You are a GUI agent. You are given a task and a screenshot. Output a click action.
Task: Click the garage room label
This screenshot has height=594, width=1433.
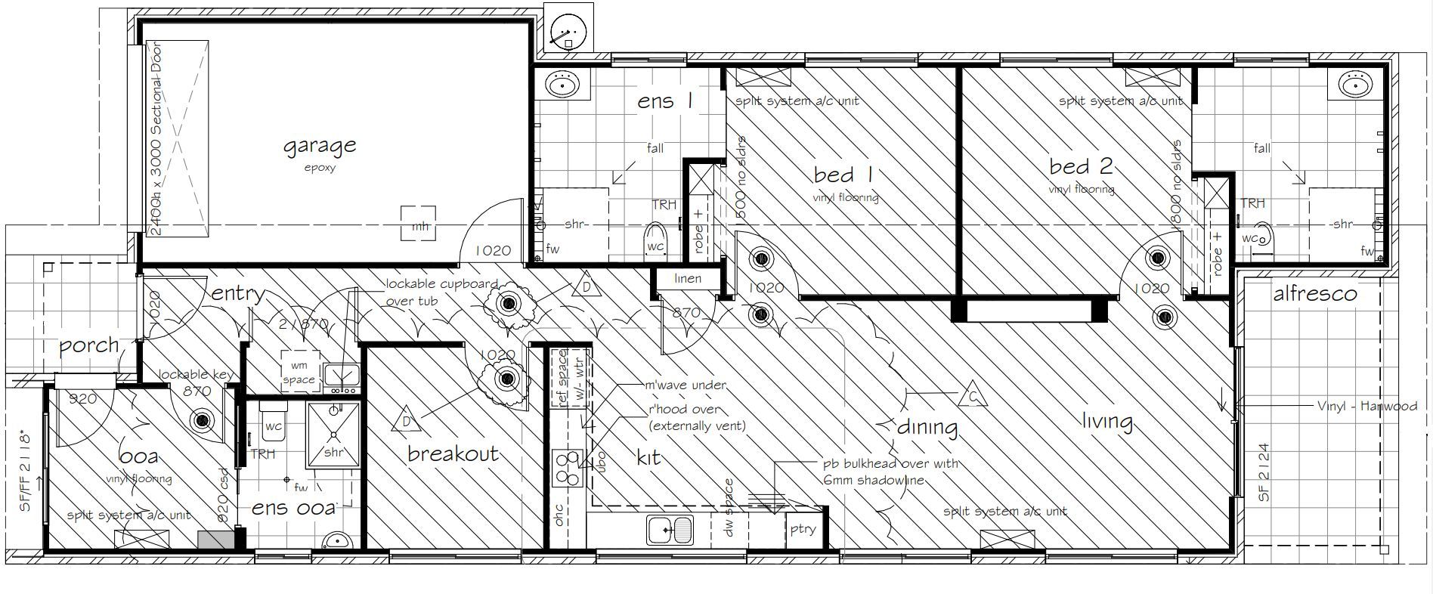point(319,146)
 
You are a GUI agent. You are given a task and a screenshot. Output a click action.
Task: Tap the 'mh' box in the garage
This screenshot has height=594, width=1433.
point(418,224)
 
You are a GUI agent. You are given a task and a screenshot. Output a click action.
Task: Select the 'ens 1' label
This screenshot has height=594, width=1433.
point(664,102)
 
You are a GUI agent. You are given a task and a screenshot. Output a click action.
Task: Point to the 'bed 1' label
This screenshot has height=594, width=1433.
point(843,175)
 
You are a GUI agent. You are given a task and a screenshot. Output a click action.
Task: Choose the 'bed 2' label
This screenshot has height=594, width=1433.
point(1080,166)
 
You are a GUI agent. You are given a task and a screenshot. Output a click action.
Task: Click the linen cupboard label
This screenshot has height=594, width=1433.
point(687,279)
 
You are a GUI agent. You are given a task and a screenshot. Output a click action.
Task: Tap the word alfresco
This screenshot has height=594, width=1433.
point(1314,294)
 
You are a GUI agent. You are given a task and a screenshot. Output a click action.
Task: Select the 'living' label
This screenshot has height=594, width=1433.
point(1106,422)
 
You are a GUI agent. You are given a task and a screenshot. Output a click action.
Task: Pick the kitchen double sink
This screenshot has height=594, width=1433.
point(669,529)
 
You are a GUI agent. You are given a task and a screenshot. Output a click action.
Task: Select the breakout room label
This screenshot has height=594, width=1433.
point(453,453)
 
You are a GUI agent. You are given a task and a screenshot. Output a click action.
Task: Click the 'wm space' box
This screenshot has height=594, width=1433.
point(299,372)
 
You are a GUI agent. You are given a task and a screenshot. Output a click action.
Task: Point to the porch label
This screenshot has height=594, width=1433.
point(89,347)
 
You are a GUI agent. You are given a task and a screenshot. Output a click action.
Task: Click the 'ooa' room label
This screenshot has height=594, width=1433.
point(139,456)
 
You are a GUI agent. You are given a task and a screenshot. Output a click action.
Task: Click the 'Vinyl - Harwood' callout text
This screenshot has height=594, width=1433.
point(1366,407)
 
